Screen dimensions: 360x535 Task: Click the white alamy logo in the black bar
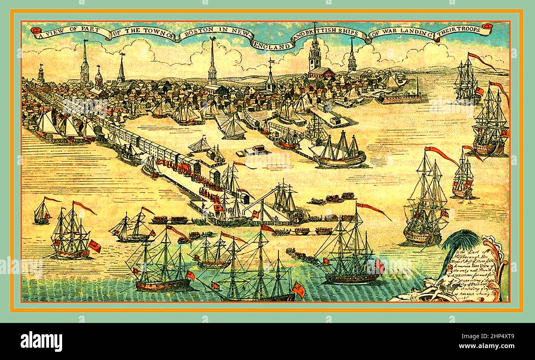pos(41,341)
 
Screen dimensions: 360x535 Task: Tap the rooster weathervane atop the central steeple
pos(212,39)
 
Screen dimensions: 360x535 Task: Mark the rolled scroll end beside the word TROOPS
pos(488,27)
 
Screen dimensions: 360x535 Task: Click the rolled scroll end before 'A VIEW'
pos(35,30)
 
